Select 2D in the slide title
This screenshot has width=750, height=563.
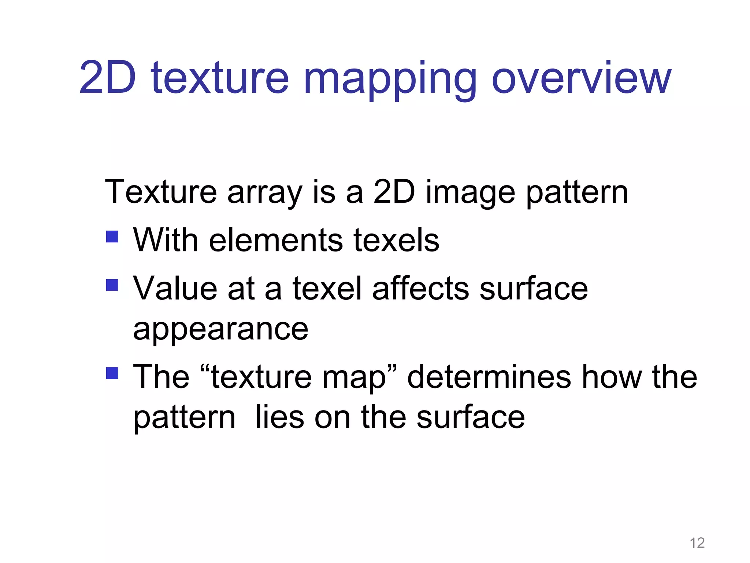pyautogui.click(x=107, y=78)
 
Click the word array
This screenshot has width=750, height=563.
pyautogui.click(x=264, y=193)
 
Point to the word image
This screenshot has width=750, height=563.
pyautogui.click(x=470, y=193)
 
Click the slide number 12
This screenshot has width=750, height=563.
pyautogui.click(x=697, y=543)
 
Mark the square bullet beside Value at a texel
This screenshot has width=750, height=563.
pyautogui.click(x=112, y=285)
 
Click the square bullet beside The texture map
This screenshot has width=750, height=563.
pyautogui.click(x=112, y=374)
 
